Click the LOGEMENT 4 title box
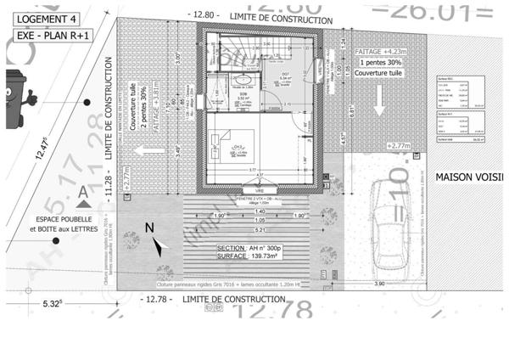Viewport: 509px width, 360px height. [x=47, y=17]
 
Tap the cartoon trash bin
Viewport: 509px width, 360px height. [x=15, y=98]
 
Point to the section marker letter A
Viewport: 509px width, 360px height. [x=83, y=194]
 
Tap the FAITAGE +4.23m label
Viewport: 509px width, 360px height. [x=382, y=51]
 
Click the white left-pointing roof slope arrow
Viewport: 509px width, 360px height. [x=150, y=149]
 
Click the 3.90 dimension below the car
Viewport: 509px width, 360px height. [x=379, y=284]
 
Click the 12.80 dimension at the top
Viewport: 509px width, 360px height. [x=206, y=14]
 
